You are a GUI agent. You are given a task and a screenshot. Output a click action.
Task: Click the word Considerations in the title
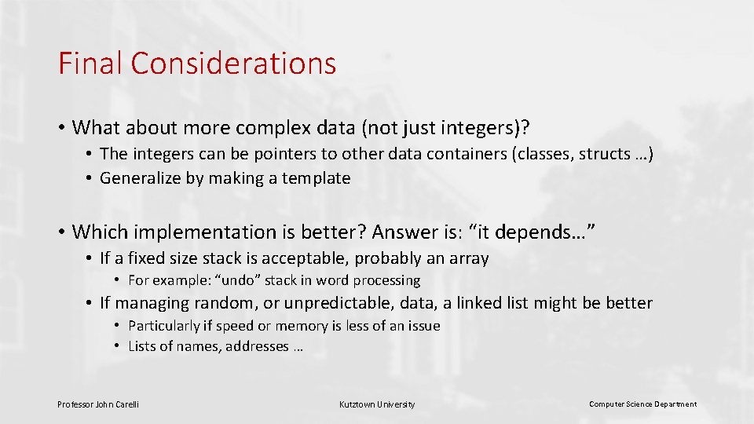233,64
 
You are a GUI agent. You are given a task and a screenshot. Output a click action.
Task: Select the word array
468,258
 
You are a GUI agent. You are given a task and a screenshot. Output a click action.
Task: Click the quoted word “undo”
240,280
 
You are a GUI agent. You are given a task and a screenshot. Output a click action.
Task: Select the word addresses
257,346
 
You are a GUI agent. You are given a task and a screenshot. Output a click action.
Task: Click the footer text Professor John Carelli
98,404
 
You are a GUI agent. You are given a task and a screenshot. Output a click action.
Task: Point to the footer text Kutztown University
377,404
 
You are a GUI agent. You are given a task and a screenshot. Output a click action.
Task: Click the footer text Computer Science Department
642,404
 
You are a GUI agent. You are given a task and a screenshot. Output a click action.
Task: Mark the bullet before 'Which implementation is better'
60,232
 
